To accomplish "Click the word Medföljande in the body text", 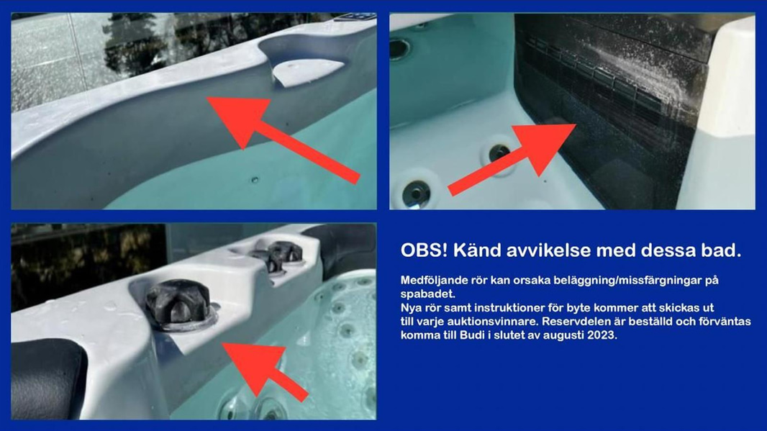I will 431,279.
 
